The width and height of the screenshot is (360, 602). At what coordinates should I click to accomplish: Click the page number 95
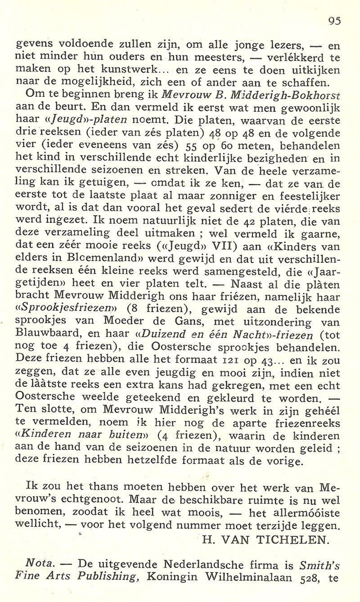334,20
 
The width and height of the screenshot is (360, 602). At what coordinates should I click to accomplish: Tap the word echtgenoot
107,500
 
